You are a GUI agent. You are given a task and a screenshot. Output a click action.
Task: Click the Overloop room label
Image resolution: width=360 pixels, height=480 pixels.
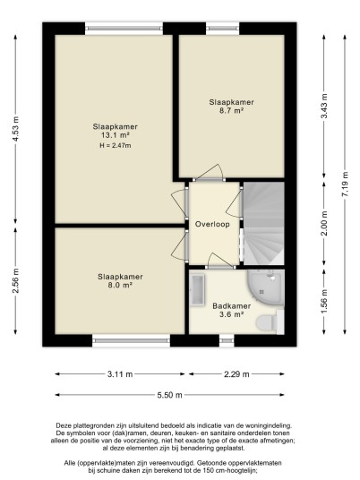212,224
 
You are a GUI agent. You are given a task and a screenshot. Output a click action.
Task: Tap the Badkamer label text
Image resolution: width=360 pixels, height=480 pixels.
232,305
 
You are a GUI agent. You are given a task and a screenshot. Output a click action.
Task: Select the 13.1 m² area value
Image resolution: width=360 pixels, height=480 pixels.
115,135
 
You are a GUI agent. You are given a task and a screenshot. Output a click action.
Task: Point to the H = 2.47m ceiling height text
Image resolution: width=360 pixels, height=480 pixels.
116,146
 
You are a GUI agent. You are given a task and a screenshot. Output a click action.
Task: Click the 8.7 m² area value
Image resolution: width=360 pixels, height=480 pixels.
231,110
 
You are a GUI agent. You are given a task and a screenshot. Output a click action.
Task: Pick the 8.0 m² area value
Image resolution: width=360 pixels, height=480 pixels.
120,285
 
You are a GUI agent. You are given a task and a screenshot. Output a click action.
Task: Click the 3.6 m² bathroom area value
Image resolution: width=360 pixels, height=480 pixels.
231,314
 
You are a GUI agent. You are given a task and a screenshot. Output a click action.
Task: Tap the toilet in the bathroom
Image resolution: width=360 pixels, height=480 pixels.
270,322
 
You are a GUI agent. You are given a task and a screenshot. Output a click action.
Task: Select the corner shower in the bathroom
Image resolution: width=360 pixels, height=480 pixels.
266,287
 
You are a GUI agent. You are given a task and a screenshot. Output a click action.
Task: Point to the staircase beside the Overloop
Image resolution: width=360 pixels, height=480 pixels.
263,224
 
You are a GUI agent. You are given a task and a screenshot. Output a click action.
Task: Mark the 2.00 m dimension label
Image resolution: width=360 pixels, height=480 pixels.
324,223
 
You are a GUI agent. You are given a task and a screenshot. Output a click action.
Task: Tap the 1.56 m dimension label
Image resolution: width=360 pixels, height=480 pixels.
324,301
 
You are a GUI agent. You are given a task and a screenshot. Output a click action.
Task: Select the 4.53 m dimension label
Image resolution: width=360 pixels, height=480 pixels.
15,129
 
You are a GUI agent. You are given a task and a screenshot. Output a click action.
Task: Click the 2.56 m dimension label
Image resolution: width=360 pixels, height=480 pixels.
15,280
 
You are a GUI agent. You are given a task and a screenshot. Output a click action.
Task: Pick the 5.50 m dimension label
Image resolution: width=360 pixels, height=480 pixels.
169,395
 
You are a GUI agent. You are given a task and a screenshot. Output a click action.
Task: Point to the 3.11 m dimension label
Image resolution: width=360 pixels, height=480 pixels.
120,374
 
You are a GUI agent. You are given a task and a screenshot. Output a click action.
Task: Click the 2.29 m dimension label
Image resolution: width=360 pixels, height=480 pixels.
236,374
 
